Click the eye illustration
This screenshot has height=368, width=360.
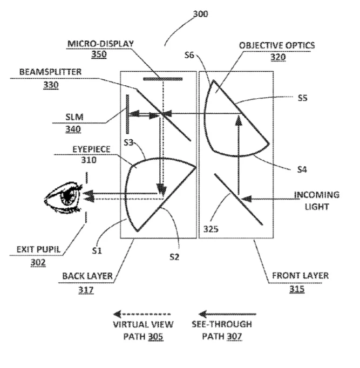[x=63, y=198]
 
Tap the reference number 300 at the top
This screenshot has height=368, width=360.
[x=200, y=14]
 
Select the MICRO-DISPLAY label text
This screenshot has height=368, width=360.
[x=100, y=44]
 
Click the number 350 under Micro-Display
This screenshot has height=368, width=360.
[x=99, y=54]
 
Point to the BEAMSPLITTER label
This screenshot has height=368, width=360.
[x=50, y=72]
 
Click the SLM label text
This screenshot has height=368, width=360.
[x=74, y=117]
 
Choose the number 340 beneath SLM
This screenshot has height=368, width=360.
[x=73, y=129]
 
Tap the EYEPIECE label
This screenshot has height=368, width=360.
[x=91, y=149]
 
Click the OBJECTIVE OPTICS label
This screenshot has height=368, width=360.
[x=277, y=45]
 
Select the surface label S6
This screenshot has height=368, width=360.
[x=189, y=55]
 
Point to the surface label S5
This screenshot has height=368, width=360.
[x=302, y=98]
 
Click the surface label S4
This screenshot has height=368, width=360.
[x=302, y=169]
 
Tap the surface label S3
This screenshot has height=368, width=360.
[x=128, y=142]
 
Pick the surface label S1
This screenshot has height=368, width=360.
[x=97, y=251]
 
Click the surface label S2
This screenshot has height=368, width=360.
[x=174, y=257]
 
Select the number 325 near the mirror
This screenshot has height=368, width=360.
[x=210, y=229]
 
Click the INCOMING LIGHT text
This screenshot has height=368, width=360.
[x=317, y=201]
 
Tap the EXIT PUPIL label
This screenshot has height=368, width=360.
[x=38, y=249]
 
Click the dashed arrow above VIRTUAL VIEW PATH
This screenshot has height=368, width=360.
[x=142, y=314]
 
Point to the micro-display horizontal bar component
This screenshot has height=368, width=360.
[x=163, y=79]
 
